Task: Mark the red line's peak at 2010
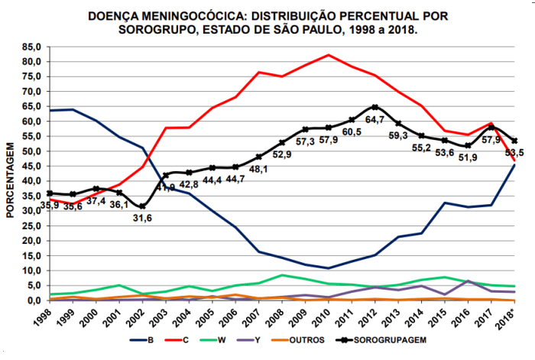pyautogui.click(x=329, y=55)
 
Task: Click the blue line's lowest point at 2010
pyautogui.click(x=329, y=268)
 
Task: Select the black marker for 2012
pyautogui.click(x=375, y=107)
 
